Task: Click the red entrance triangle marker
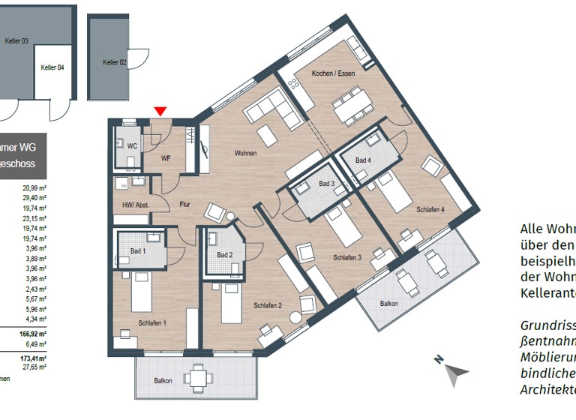(x=160, y=112)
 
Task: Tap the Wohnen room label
(x=245, y=154)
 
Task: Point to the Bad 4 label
(x=363, y=160)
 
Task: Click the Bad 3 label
(x=326, y=184)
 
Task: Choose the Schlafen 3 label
(x=347, y=257)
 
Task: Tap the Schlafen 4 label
(x=430, y=210)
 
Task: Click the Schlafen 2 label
(x=268, y=305)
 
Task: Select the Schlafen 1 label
(x=151, y=322)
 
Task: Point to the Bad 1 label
(x=139, y=251)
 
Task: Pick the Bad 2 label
(x=224, y=256)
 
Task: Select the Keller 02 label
(x=115, y=63)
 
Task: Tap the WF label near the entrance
(x=166, y=158)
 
